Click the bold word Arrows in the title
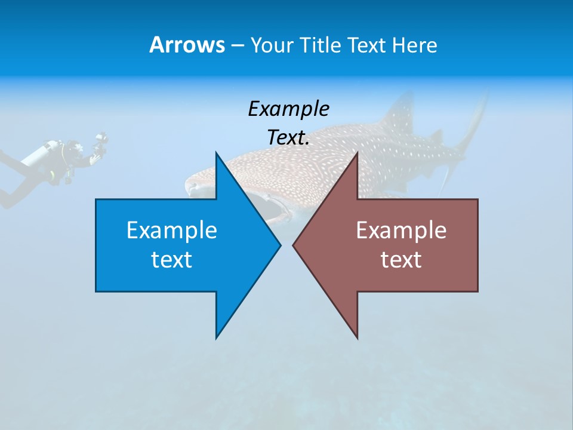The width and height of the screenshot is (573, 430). [186, 45]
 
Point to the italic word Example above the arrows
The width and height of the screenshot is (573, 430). [288, 109]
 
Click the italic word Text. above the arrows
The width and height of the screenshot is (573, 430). [288, 138]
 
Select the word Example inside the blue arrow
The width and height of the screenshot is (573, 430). [172, 231]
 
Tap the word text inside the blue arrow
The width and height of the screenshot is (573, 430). [172, 260]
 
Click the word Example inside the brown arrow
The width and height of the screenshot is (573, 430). [401, 231]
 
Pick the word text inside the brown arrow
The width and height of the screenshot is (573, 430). [401, 260]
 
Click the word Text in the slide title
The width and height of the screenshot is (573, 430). [367, 45]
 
